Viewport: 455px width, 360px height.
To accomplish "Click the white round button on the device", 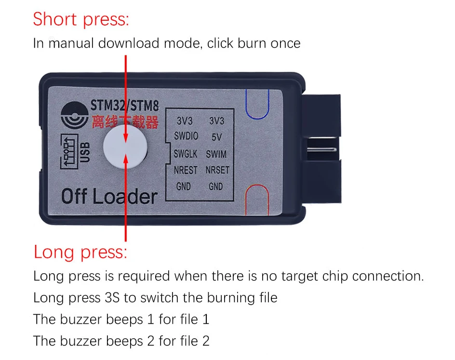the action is (125, 147).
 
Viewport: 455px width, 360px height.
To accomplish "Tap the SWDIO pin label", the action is (186, 136).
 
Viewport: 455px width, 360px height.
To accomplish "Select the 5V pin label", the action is (216, 137).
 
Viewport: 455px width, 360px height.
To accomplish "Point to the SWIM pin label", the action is (216, 154).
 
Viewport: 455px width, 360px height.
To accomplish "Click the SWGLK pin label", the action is (186, 154).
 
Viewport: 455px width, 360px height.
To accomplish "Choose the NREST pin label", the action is (186, 170).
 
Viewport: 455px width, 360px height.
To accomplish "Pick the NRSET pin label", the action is (217, 170).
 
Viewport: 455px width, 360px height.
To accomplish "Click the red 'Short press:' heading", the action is (81, 20).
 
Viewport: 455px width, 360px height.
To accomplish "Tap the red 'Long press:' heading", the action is (80, 252).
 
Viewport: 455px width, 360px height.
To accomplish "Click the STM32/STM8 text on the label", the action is (125, 105).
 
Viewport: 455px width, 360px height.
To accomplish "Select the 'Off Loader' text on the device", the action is (109, 197).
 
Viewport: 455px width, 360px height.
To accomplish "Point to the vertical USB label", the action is (85, 152).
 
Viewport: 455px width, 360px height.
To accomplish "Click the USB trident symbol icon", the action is (69, 151).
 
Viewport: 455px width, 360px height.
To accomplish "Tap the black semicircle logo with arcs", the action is (75, 115).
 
